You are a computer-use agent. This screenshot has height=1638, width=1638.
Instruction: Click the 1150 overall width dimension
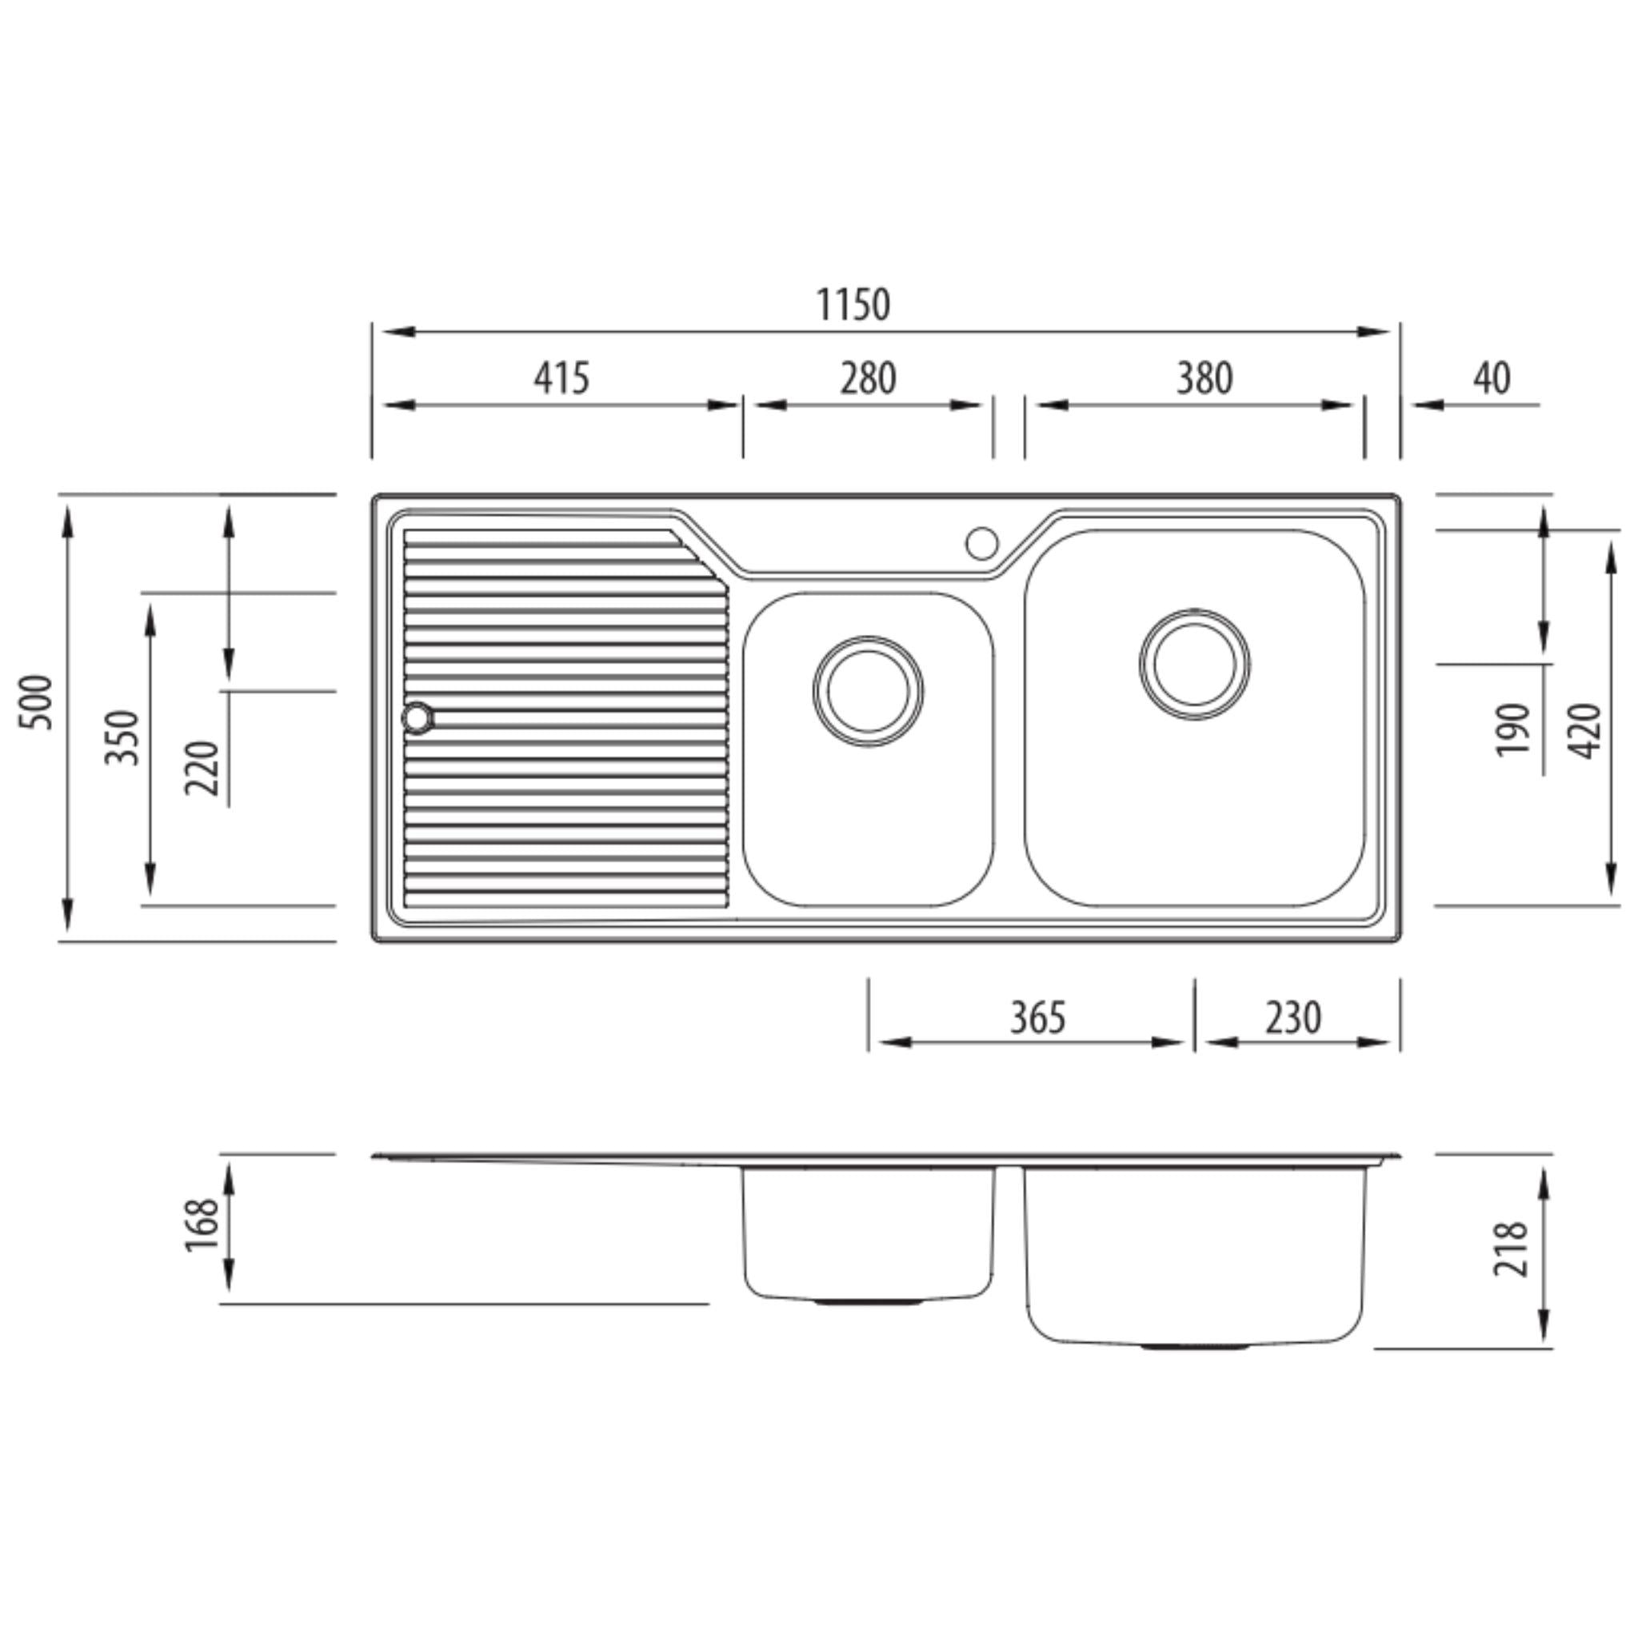[853, 306]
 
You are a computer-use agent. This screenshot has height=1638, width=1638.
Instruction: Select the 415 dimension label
[561, 378]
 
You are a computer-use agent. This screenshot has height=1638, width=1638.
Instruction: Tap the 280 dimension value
[868, 378]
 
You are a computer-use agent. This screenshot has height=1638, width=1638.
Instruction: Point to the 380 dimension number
[1204, 378]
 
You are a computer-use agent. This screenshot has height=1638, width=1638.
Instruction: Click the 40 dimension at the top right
[1492, 378]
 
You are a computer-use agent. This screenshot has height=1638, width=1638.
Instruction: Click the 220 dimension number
[202, 767]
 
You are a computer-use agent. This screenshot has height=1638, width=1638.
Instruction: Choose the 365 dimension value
[1037, 1017]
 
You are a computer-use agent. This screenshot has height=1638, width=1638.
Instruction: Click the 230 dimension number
[1293, 1017]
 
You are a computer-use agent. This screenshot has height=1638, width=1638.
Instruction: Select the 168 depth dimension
[202, 1225]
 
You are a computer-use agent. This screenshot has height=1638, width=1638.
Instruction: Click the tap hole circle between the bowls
[982, 543]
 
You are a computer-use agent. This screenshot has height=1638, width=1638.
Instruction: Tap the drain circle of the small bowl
[868, 691]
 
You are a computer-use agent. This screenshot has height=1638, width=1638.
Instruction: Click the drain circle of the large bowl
[1195, 665]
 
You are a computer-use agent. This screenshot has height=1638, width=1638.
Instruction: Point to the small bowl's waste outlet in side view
[868, 1301]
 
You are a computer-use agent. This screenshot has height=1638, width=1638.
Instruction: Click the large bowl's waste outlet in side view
[1195, 1345]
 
